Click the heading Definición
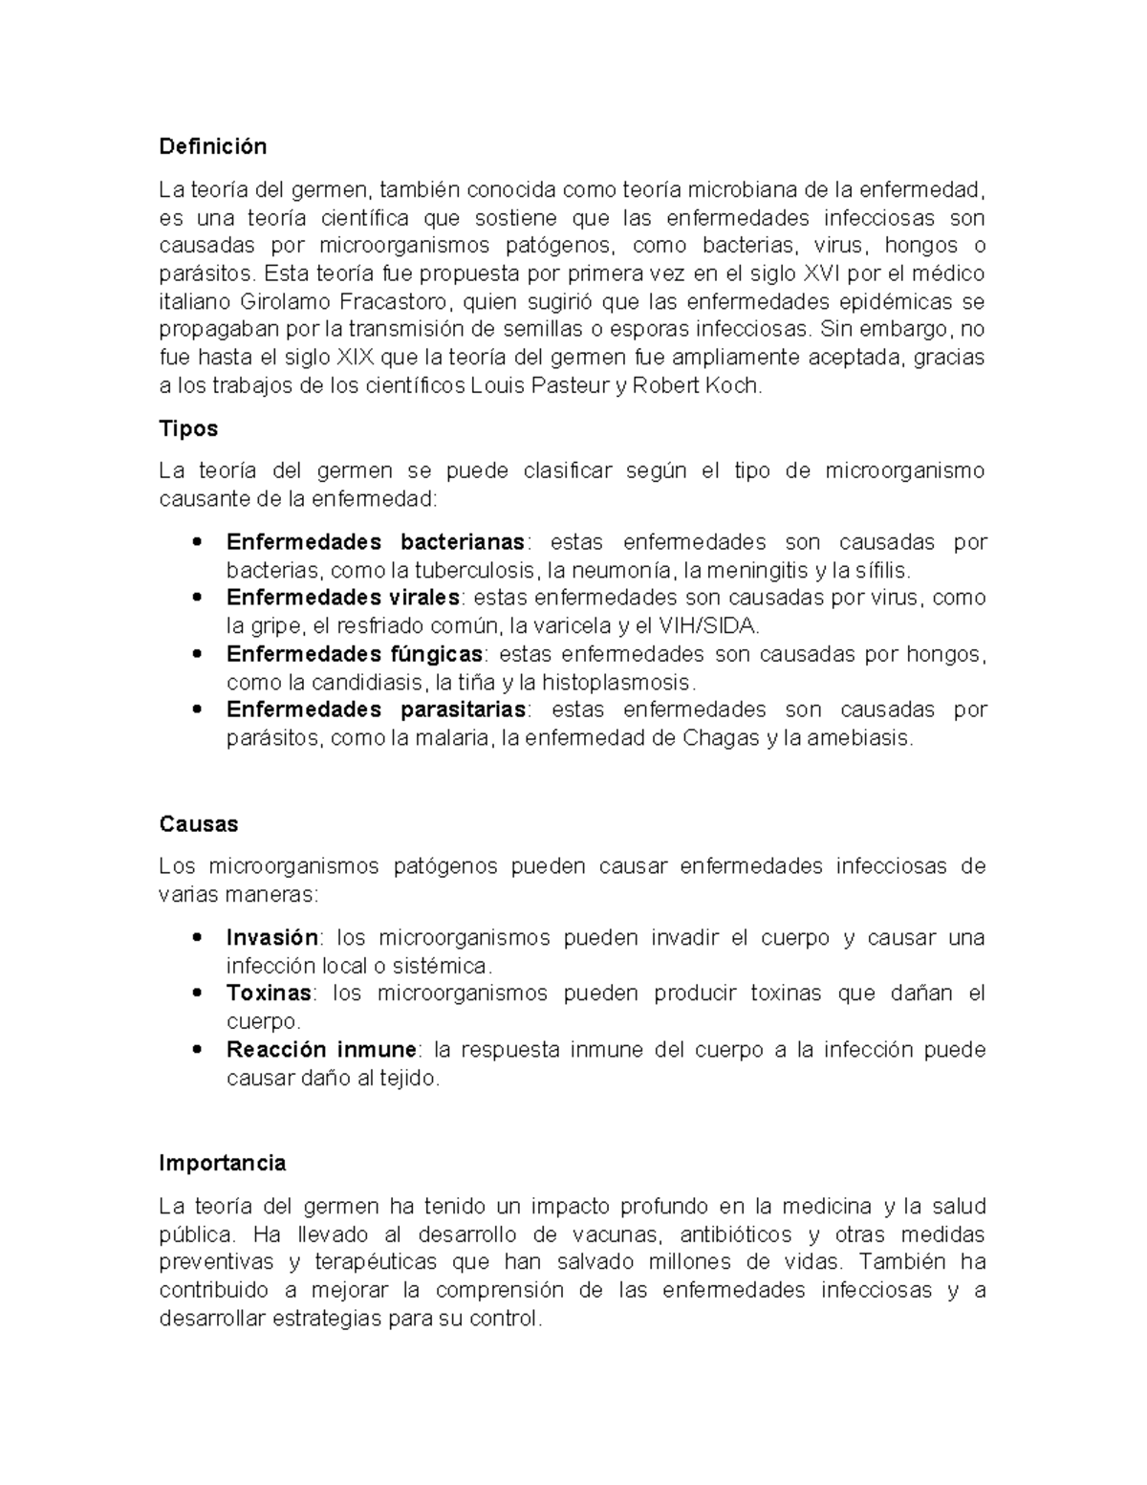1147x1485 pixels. [212, 146]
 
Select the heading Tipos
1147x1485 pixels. [188, 428]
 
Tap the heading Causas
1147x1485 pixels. [198, 824]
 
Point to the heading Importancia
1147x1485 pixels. [222, 1164]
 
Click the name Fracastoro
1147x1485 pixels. [395, 302]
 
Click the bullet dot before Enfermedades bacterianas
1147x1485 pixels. [197, 542]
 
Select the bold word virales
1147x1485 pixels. [424, 598]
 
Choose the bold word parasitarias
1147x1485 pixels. [463, 710]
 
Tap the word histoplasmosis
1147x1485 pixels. [619, 683]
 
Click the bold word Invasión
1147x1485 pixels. [271, 937]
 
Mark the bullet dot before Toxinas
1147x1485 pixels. [197, 994]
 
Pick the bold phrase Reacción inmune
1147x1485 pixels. [321, 1050]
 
